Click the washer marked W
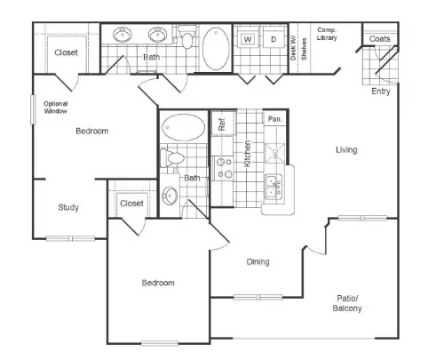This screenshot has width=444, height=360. pos(248,38)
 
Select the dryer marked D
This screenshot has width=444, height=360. pos(274,38)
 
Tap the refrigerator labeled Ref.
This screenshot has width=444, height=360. pos(223,123)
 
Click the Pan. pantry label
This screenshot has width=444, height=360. pos(275,119)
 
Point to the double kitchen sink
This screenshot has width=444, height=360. pos(274,186)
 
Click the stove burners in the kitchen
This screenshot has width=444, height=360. pos(225,168)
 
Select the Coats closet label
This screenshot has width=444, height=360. pos(379,39)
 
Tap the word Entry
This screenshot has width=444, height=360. pos(381,91)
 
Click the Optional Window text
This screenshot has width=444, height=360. pos(56,108)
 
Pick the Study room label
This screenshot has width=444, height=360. pos(68,207)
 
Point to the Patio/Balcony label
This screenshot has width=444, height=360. pos(347,303)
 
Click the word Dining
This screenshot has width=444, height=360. pos(258,261)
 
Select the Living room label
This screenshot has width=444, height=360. pos(346,149)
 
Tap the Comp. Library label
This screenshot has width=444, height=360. pos(327,34)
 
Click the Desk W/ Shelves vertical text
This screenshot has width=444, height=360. pos(298,49)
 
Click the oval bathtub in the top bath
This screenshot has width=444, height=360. pos(216,49)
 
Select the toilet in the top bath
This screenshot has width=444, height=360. pos(187,37)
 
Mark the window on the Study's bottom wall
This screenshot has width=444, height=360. pos(70,238)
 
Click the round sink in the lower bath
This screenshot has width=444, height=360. pos(170,196)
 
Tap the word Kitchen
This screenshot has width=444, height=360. pos(247,154)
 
